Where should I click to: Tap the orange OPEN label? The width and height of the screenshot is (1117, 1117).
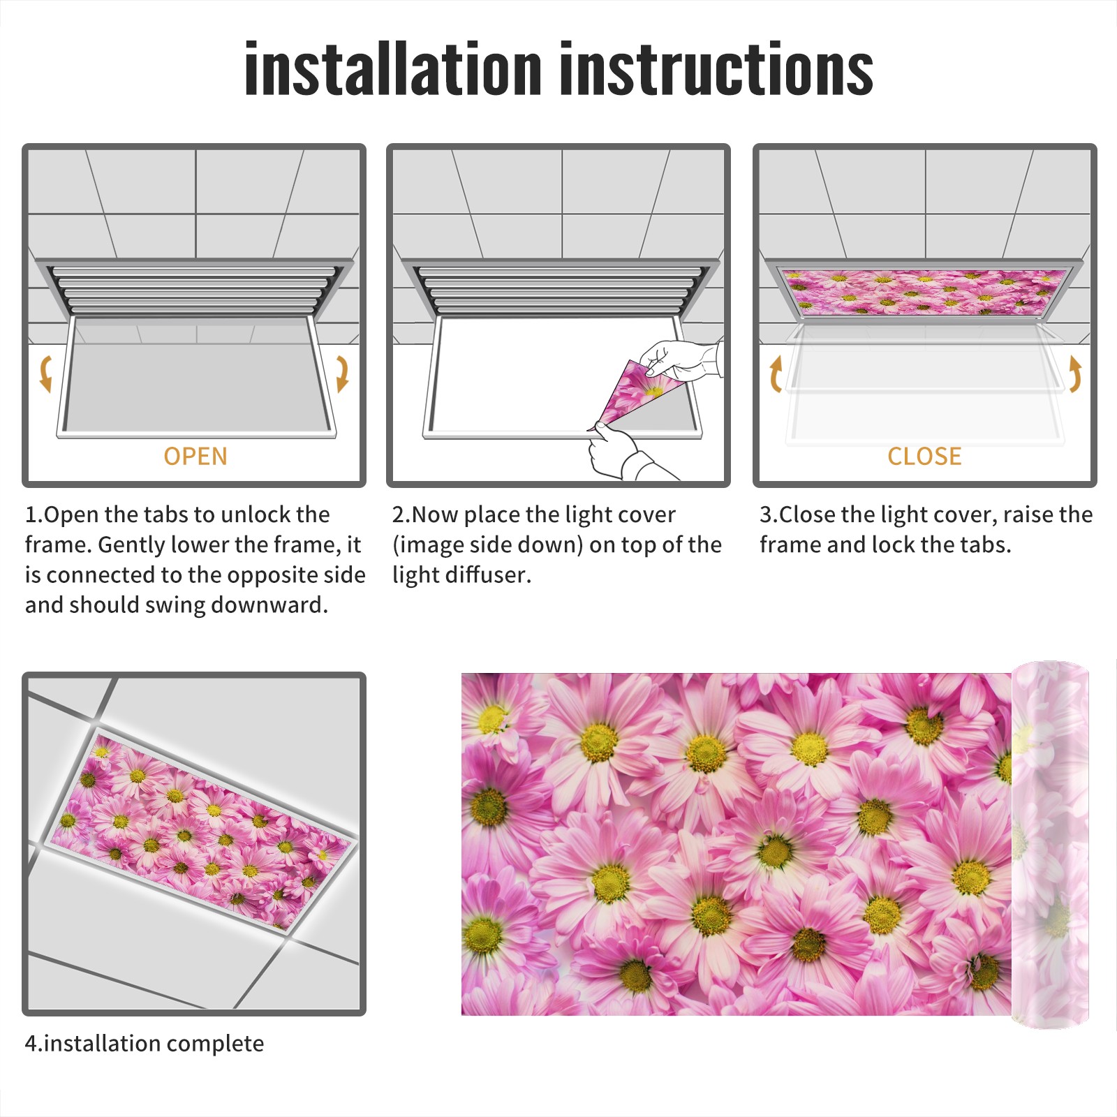pyautogui.click(x=195, y=457)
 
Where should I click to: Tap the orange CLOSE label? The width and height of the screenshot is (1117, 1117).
pyautogui.click(x=924, y=457)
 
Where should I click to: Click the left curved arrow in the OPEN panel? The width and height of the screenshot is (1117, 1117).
pyautogui.click(x=45, y=373)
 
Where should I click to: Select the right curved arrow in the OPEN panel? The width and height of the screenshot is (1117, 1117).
pyautogui.click(x=342, y=373)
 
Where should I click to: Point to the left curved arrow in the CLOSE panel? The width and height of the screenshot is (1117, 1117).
pyautogui.click(x=775, y=373)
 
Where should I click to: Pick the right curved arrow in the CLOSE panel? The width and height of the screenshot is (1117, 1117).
pyautogui.click(x=1075, y=373)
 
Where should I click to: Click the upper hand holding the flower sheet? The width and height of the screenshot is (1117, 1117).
pyautogui.click(x=681, y=360)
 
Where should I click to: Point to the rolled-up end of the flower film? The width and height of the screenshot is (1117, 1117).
pyautogui.click(x=1051, y=845)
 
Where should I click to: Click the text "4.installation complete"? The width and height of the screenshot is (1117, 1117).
pyautogui.click(x=145, y=1043)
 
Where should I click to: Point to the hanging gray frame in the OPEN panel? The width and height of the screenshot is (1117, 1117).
pyautogui.click(x=196, y=377)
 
